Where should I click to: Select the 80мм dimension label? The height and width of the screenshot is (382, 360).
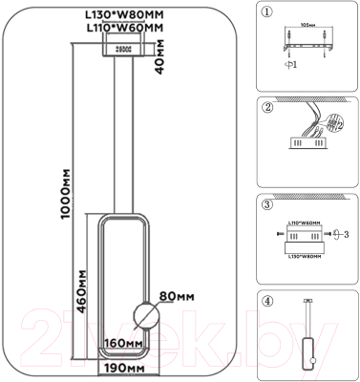point(180,296)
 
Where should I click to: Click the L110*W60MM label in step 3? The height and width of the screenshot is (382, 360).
point(307,222)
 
